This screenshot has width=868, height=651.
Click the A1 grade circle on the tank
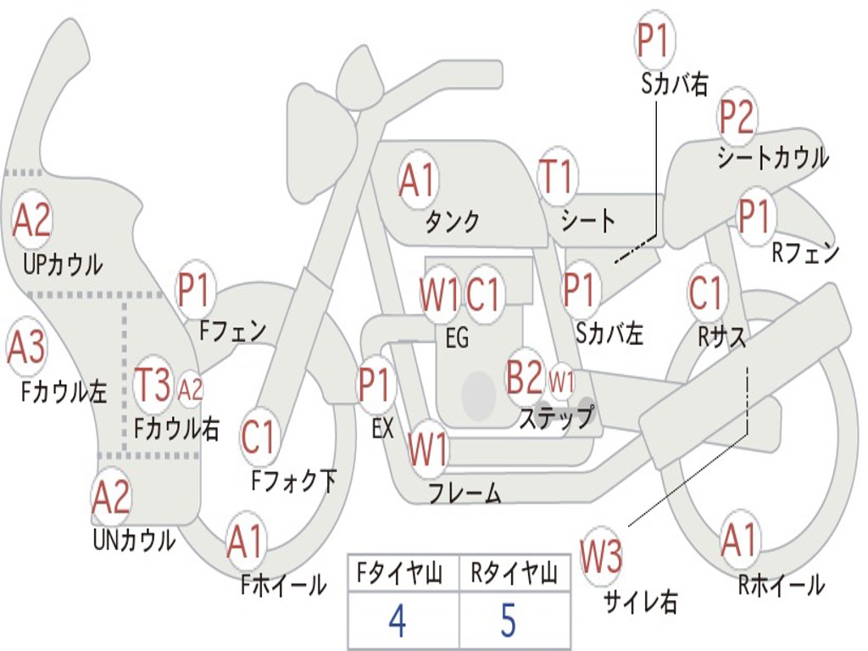click(x=417, y=181)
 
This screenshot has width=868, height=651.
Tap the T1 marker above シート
click(x=557, y=178)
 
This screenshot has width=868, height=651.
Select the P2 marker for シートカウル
click(x=737, y=118)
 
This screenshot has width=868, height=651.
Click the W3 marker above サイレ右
click(x=601, y=557)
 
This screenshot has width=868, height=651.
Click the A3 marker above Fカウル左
click(x=26, y=348)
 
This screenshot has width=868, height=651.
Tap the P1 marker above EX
click(x=376, y=384)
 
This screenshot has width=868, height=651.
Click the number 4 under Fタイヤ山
click(x=397, y=621)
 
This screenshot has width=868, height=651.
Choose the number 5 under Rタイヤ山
click(x=508, y=621)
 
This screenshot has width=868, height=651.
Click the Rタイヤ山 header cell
click(x=514, y=575)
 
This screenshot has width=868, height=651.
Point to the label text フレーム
click(x=465, y=492)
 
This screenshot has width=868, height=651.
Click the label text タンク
click(x=452, y=221)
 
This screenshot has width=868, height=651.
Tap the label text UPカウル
click(x=63, y=264)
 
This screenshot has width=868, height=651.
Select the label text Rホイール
click(x=781, y=584)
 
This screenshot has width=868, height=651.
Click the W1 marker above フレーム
click(x=427, y=449)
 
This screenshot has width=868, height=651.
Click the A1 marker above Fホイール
click(x=245, y=543)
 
